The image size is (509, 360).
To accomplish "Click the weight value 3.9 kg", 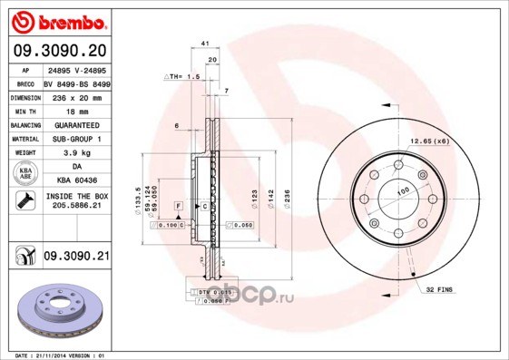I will (76, 154).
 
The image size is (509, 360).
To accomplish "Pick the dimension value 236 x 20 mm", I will (76, 95).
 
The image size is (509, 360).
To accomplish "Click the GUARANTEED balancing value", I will (76, 124).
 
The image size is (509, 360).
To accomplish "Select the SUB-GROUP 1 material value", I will (76, 139).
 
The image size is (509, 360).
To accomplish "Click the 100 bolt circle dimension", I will (400, 190).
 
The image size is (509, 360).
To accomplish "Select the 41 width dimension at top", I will (206, 44).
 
